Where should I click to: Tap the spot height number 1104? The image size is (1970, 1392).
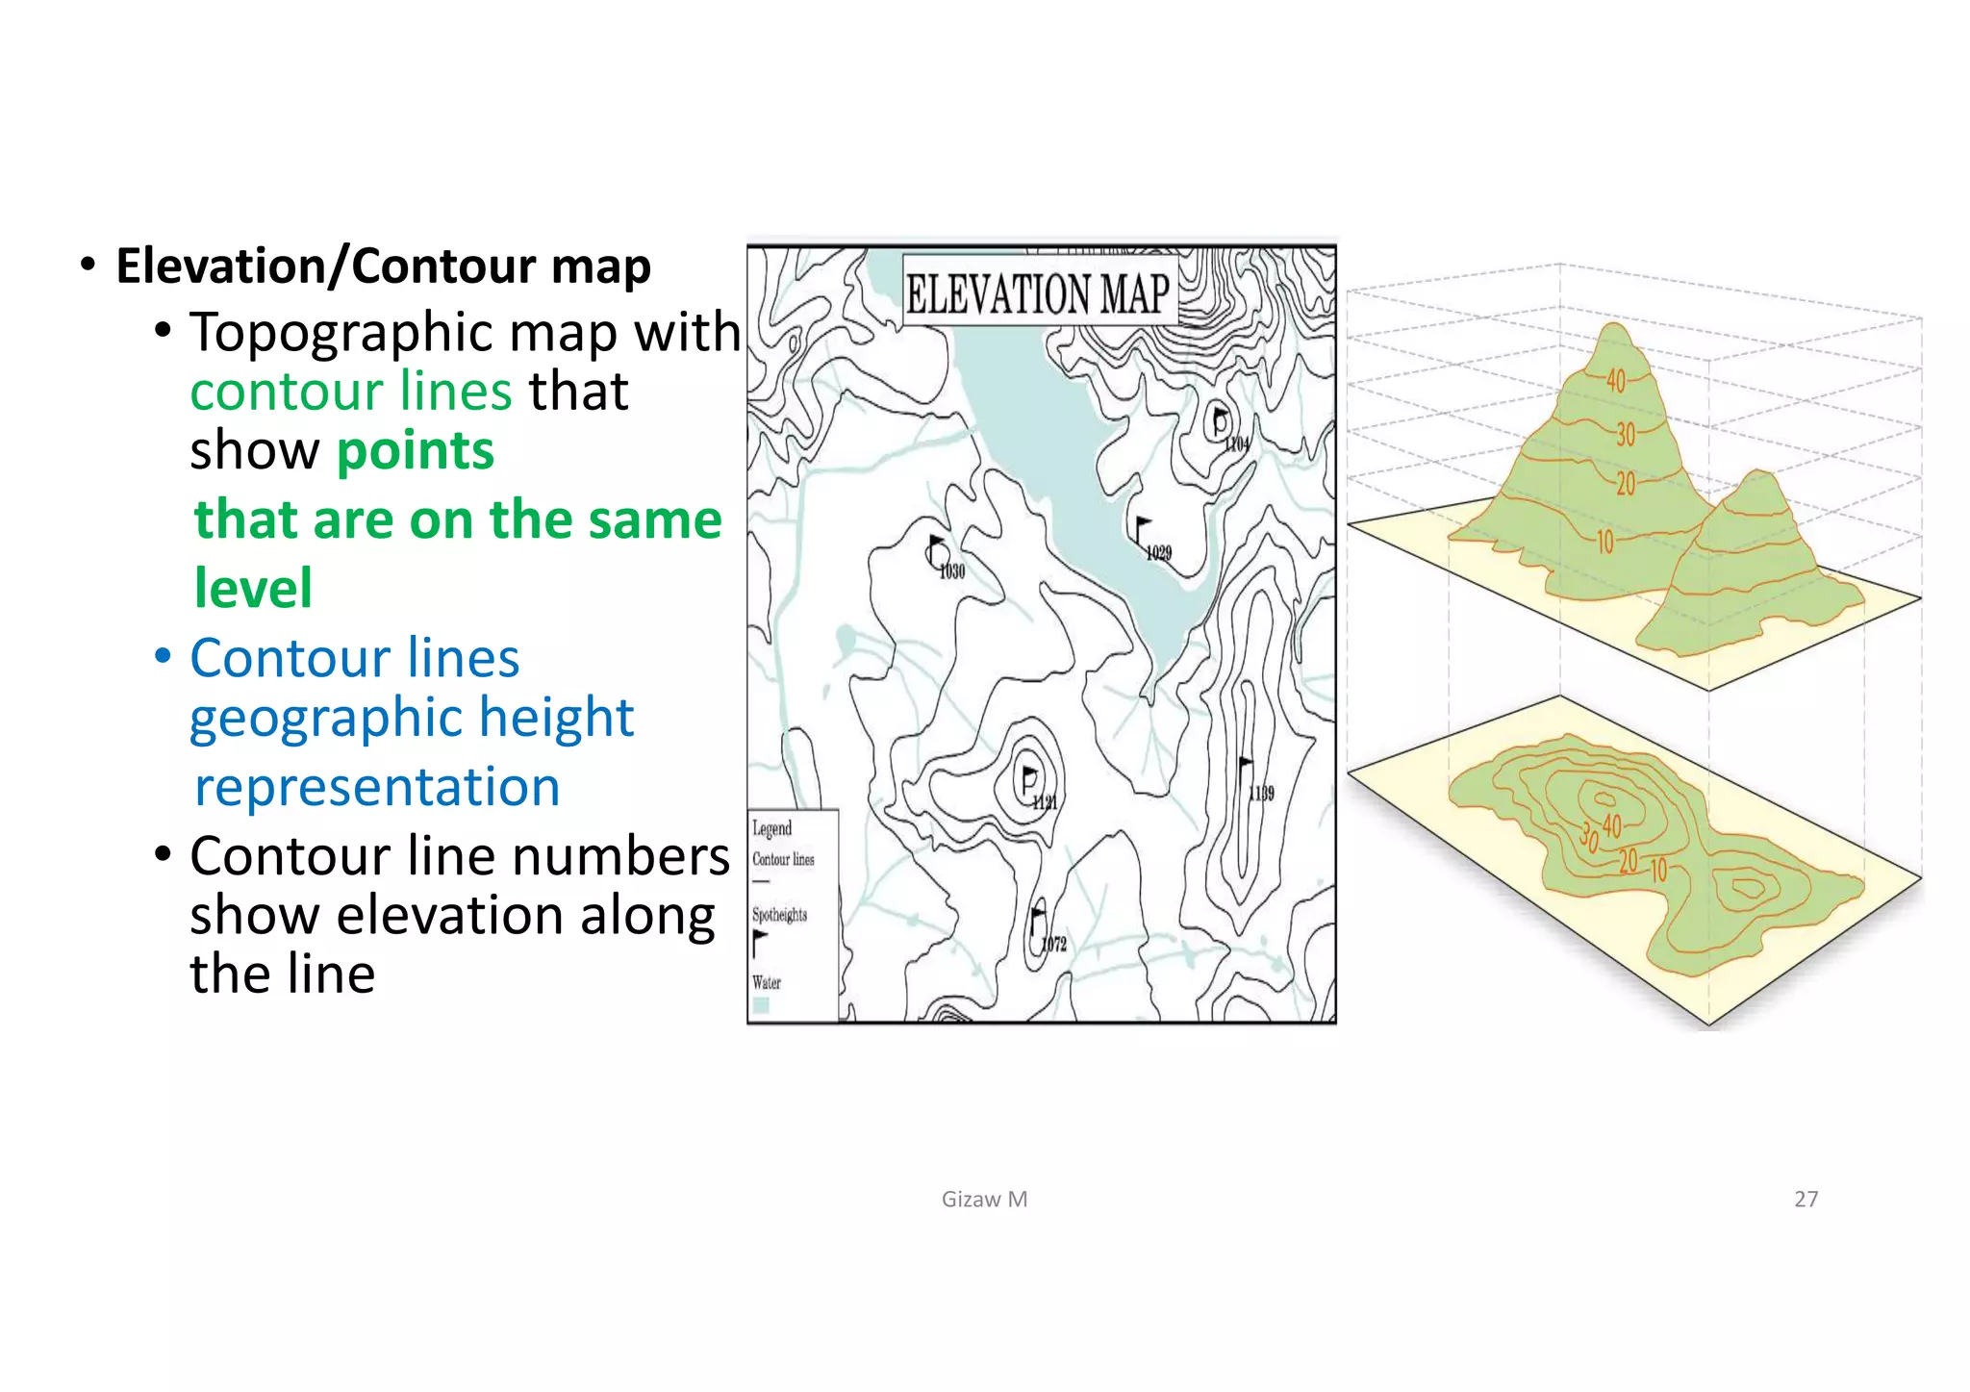click(1236, 443)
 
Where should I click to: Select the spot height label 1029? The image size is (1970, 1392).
click(1158, 552)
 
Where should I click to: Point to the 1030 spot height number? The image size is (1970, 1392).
click(951, 571)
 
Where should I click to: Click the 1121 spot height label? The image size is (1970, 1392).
click(1044, 802)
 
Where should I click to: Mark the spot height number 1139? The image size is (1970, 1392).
click(1261, 793)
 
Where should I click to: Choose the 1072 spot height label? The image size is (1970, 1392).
click(1054, 944)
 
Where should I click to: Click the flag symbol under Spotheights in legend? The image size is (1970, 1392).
click(760, 942)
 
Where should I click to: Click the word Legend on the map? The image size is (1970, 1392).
click(771, 828)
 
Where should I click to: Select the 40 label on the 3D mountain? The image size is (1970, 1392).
click(1615, 381)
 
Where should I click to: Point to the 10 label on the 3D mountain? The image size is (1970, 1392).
click(1604, 543)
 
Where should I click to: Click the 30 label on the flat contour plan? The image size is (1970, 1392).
click(1588, 835)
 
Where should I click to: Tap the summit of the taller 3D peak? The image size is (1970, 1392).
click(1615, 326)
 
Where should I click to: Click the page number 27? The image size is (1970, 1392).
click(1806, 1199)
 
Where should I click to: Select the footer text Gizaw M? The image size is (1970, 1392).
click(984, 1199)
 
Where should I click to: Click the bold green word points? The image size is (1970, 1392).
click(416, 450)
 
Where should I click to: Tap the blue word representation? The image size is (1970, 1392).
click(377, 787)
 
